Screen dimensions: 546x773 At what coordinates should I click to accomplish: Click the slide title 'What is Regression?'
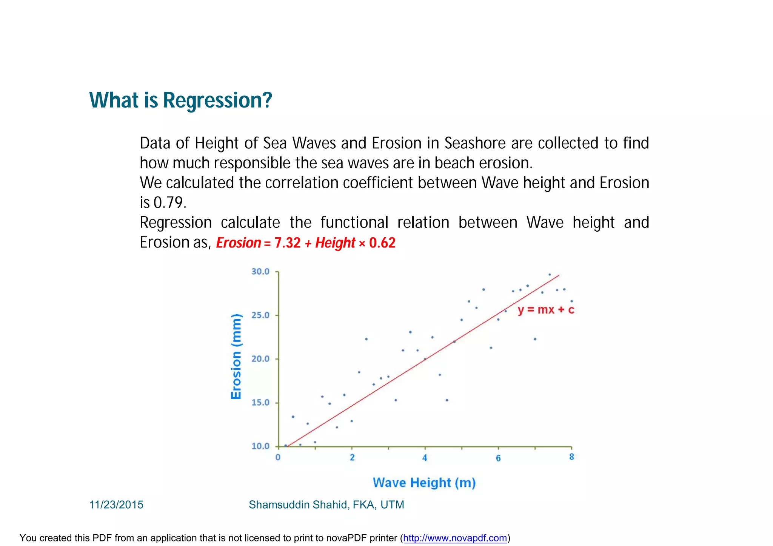point(180,100)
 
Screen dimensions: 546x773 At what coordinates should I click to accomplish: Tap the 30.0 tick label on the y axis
point(260,272)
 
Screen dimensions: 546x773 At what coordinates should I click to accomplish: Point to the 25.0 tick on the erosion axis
point(260,315)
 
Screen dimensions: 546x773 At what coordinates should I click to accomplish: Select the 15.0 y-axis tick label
point(260,403)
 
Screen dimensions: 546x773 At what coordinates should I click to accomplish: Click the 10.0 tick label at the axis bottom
point(260,446)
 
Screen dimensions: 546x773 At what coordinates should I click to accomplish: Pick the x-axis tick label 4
point(425,458)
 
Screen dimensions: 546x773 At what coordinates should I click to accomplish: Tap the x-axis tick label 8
point(571,457)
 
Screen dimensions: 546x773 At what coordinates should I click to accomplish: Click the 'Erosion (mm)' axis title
point(236,356)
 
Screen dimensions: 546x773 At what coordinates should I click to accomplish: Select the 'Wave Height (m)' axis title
point(424,483)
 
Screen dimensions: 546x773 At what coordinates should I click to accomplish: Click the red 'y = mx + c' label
point(546,310)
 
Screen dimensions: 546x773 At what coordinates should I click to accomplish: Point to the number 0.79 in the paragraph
point(169,203)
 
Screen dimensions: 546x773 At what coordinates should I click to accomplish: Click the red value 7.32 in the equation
point(287,243)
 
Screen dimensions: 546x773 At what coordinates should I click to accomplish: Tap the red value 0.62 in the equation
point(382,243)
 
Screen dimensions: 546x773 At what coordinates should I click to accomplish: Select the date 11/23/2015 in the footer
point(116,505)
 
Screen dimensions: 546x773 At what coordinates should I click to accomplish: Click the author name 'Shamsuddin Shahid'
point(298,505)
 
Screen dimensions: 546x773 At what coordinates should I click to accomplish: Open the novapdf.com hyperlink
point(455,538)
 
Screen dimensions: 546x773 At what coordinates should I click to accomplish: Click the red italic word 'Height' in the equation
point(335,243)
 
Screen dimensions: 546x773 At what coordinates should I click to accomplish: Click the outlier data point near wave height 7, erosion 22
point(535,339)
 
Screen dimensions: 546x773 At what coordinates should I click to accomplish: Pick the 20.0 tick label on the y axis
point(260,359)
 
